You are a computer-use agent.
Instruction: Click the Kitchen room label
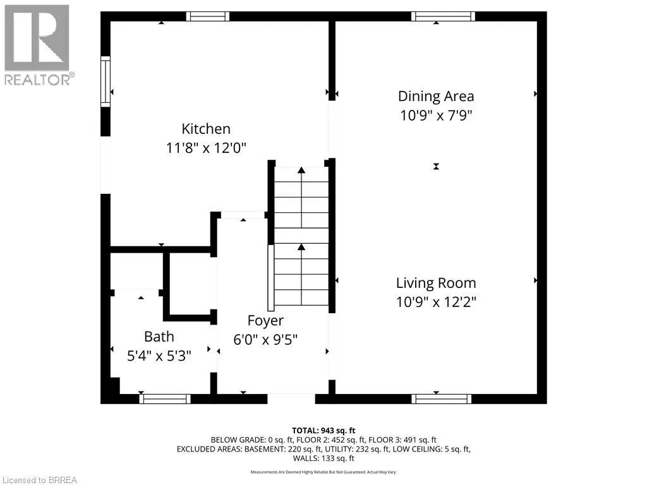(x=206, y=129)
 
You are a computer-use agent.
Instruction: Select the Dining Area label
(x=435, y=96)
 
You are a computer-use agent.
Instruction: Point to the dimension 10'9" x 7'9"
(x=435, y=116)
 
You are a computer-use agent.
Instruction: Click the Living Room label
(x=436, y=283)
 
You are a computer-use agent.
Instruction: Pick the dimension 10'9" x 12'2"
(x=436, y=302)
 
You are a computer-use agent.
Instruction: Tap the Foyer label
(x=265, y=320)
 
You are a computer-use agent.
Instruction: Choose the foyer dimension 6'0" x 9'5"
(x=265, y=339)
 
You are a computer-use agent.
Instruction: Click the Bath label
(x=159, y=337)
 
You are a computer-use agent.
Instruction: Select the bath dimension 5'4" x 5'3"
(x=159, y=356)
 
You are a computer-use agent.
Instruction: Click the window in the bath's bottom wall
(x=165, y=398)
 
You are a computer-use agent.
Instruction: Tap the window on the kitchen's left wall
(x=106, y=80)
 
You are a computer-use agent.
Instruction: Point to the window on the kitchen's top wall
(x=208, y=16)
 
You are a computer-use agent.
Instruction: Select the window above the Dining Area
(x=442, y=16)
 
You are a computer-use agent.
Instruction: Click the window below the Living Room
(x=441, y=398)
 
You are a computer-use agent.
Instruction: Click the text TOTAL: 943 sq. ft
(x=323, y=430)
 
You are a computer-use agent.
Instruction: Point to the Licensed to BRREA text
(x=39, y=480)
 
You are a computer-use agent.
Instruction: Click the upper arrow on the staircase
(x=301, y=171)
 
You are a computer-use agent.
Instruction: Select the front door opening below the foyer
(x=291, y=398)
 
